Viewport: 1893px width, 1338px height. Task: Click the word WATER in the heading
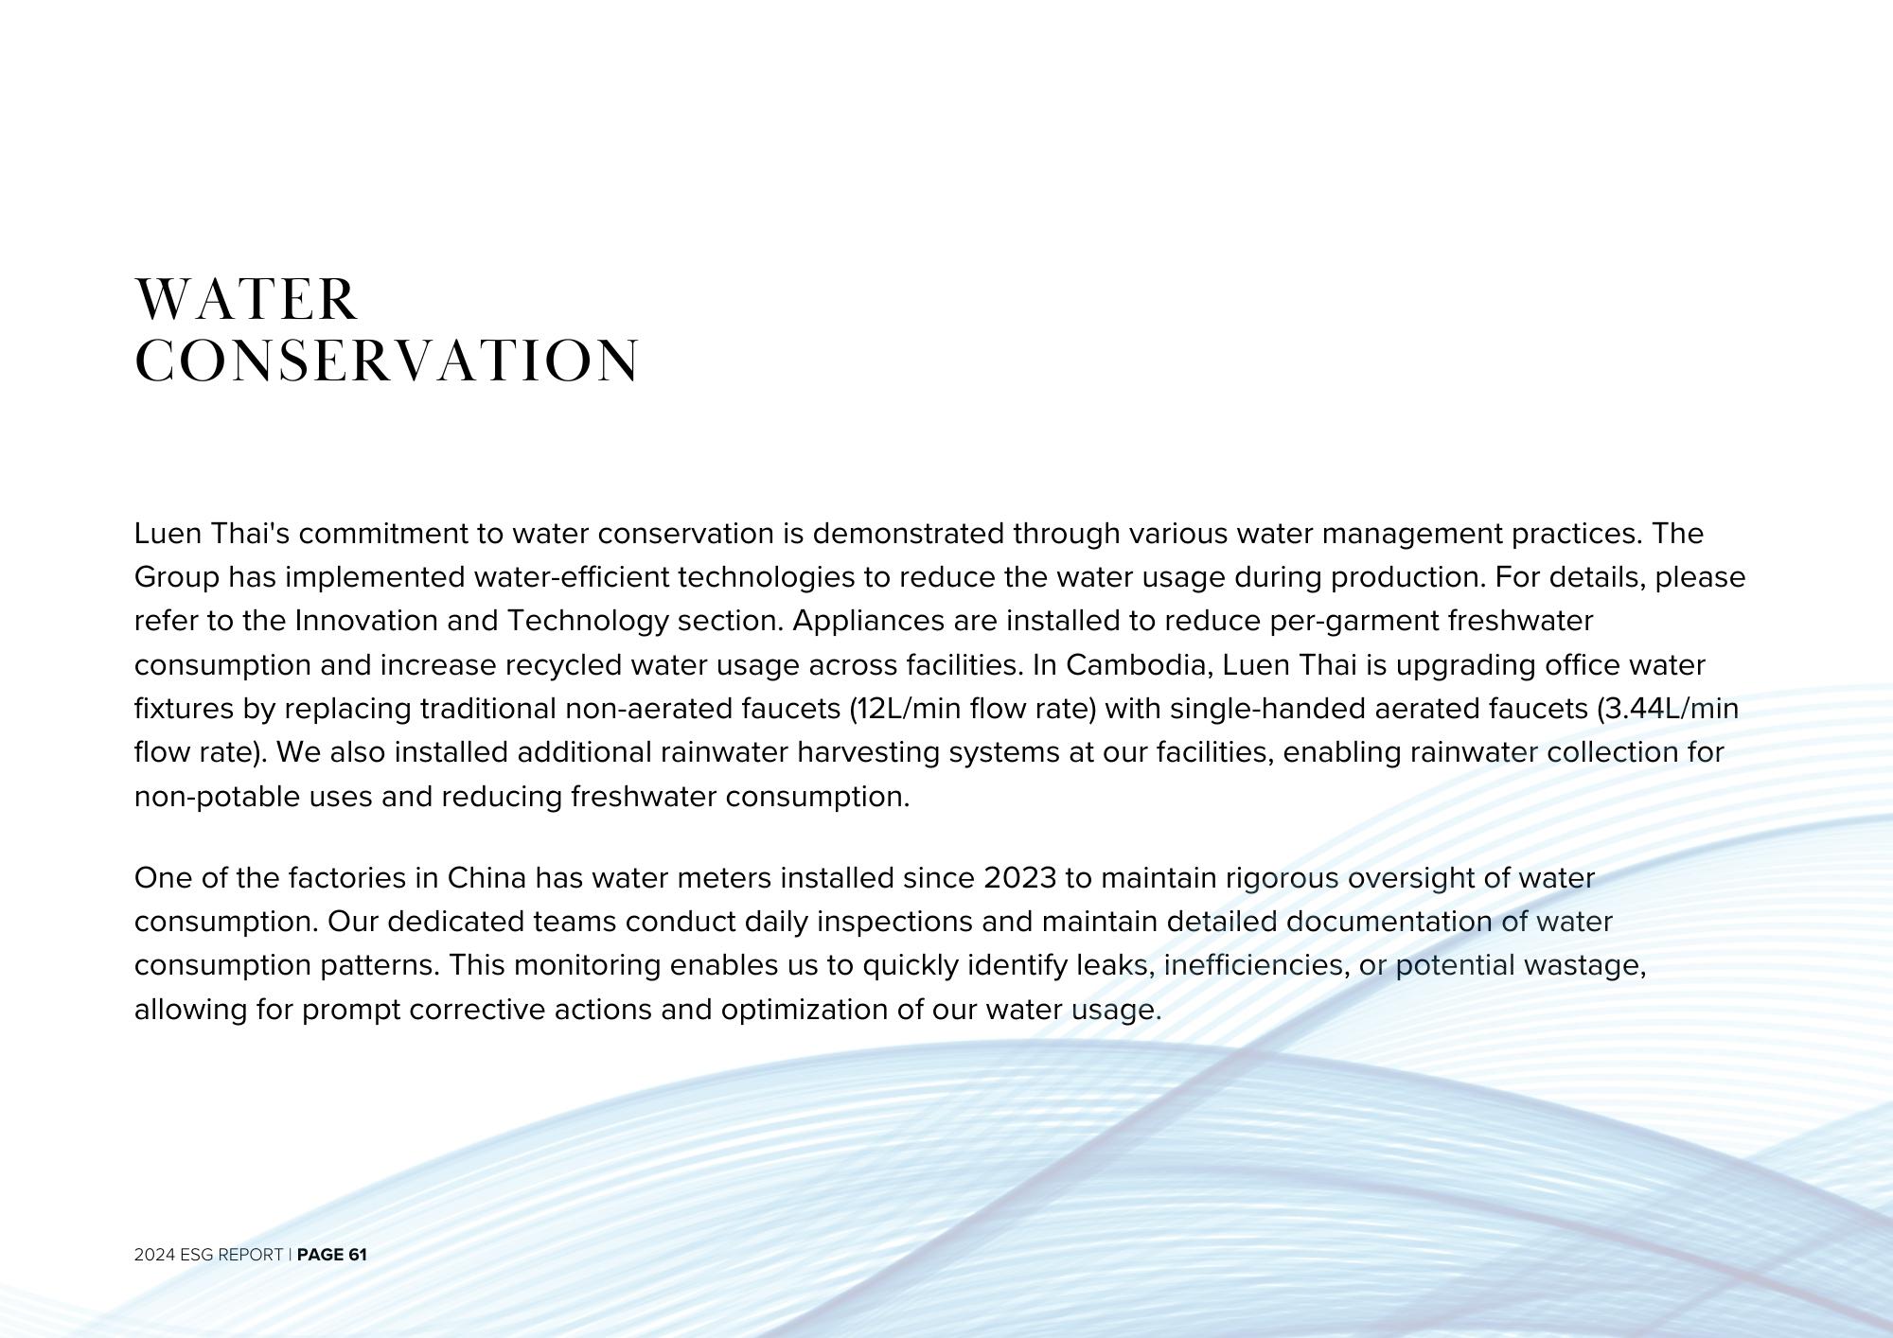tap(246, 300)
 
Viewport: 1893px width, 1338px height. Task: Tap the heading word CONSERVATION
tap(387, 361)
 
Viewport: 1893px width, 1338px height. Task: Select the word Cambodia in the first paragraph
tap(1139, 665)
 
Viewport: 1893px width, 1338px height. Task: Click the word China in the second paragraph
tap(486, 878)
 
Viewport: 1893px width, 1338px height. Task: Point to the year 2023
tap(1019, 878)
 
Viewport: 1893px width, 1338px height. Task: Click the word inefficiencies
tap(1254, 965)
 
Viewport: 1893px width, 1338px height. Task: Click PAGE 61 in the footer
tap(331, 1255)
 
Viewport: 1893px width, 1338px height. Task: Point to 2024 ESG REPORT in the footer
tap(208, 1255)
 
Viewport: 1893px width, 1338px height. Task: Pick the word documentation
tap(1389, 922)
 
